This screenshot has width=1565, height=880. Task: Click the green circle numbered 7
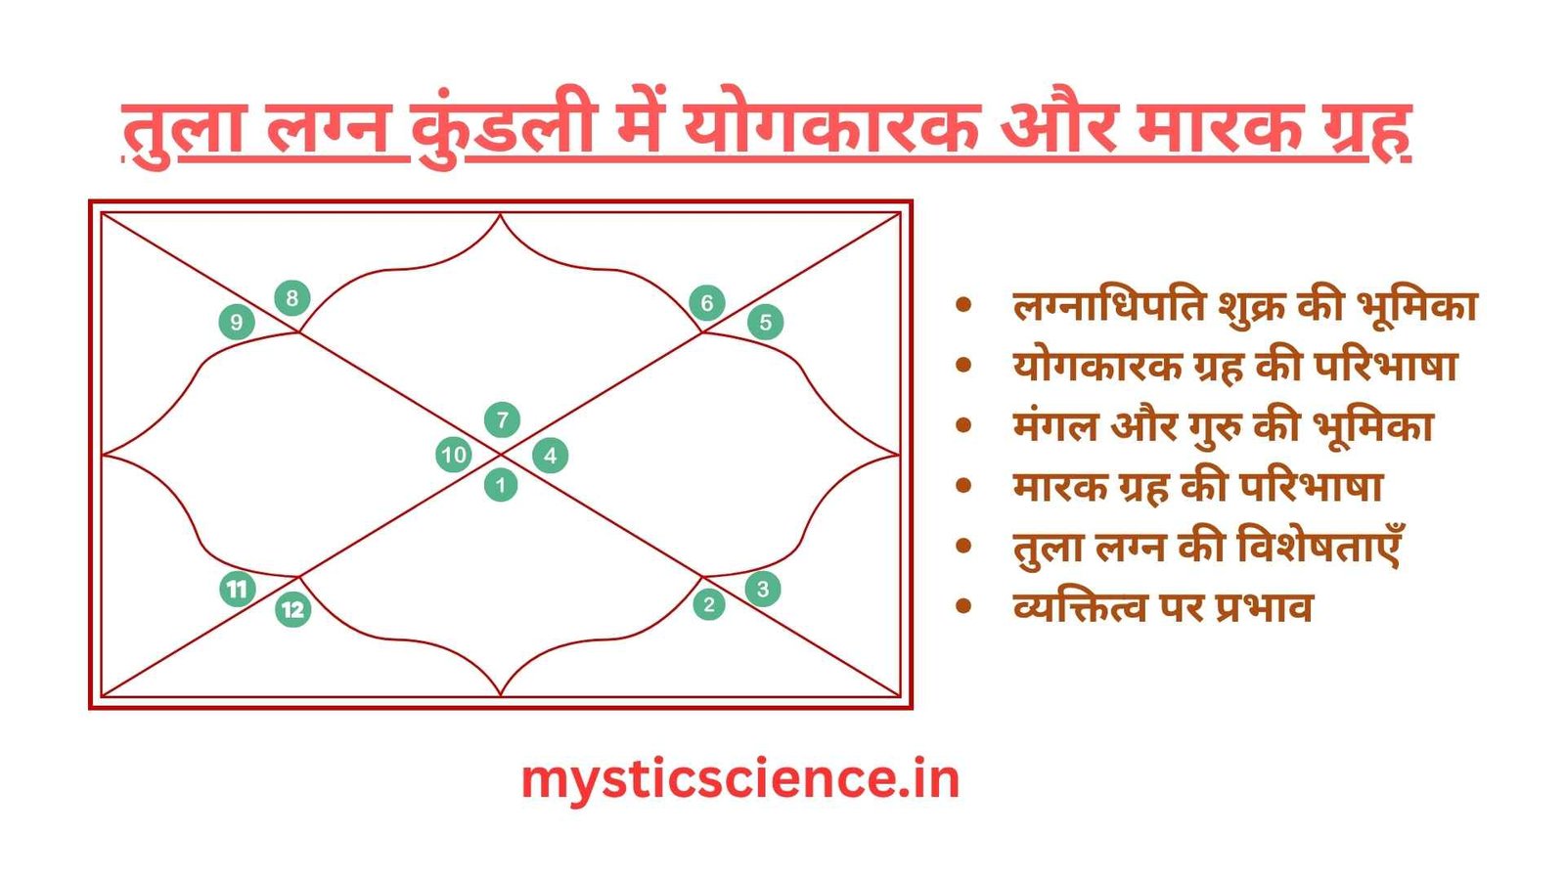502,420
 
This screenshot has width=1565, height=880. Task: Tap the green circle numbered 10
454,455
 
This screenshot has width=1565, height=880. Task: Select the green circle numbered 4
551,455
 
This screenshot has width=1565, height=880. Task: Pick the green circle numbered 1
501,484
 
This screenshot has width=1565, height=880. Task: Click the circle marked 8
291,298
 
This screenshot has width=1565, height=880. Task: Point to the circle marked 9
236,322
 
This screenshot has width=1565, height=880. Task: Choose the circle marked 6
707,303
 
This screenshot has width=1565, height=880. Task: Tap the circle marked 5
766,322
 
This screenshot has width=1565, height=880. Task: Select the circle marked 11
237,589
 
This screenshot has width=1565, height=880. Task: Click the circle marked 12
292,610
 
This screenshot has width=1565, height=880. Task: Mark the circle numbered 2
709,604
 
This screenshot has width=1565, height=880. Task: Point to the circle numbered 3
763,589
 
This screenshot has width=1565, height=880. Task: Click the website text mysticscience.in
739,779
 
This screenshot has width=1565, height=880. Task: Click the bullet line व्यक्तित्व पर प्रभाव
1162,607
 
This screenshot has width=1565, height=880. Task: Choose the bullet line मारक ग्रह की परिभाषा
1197,487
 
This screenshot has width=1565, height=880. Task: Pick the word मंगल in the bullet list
1055,427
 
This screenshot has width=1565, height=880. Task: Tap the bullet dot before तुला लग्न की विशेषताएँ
964,547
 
